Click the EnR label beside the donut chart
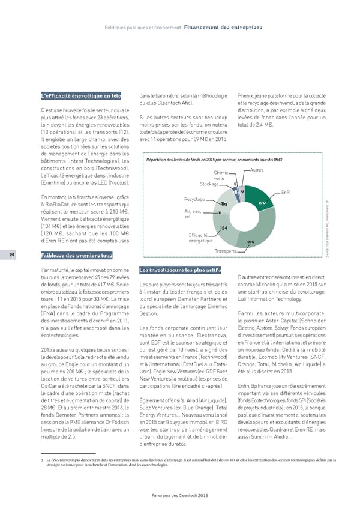click(285, 193)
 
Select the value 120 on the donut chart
click(262, 203)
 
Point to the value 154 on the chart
click(223, 228)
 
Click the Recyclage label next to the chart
click(195, 199)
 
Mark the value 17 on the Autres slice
click(241, 191)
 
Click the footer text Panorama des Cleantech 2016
click(179, 494)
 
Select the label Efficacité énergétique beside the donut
click(198, 237)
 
